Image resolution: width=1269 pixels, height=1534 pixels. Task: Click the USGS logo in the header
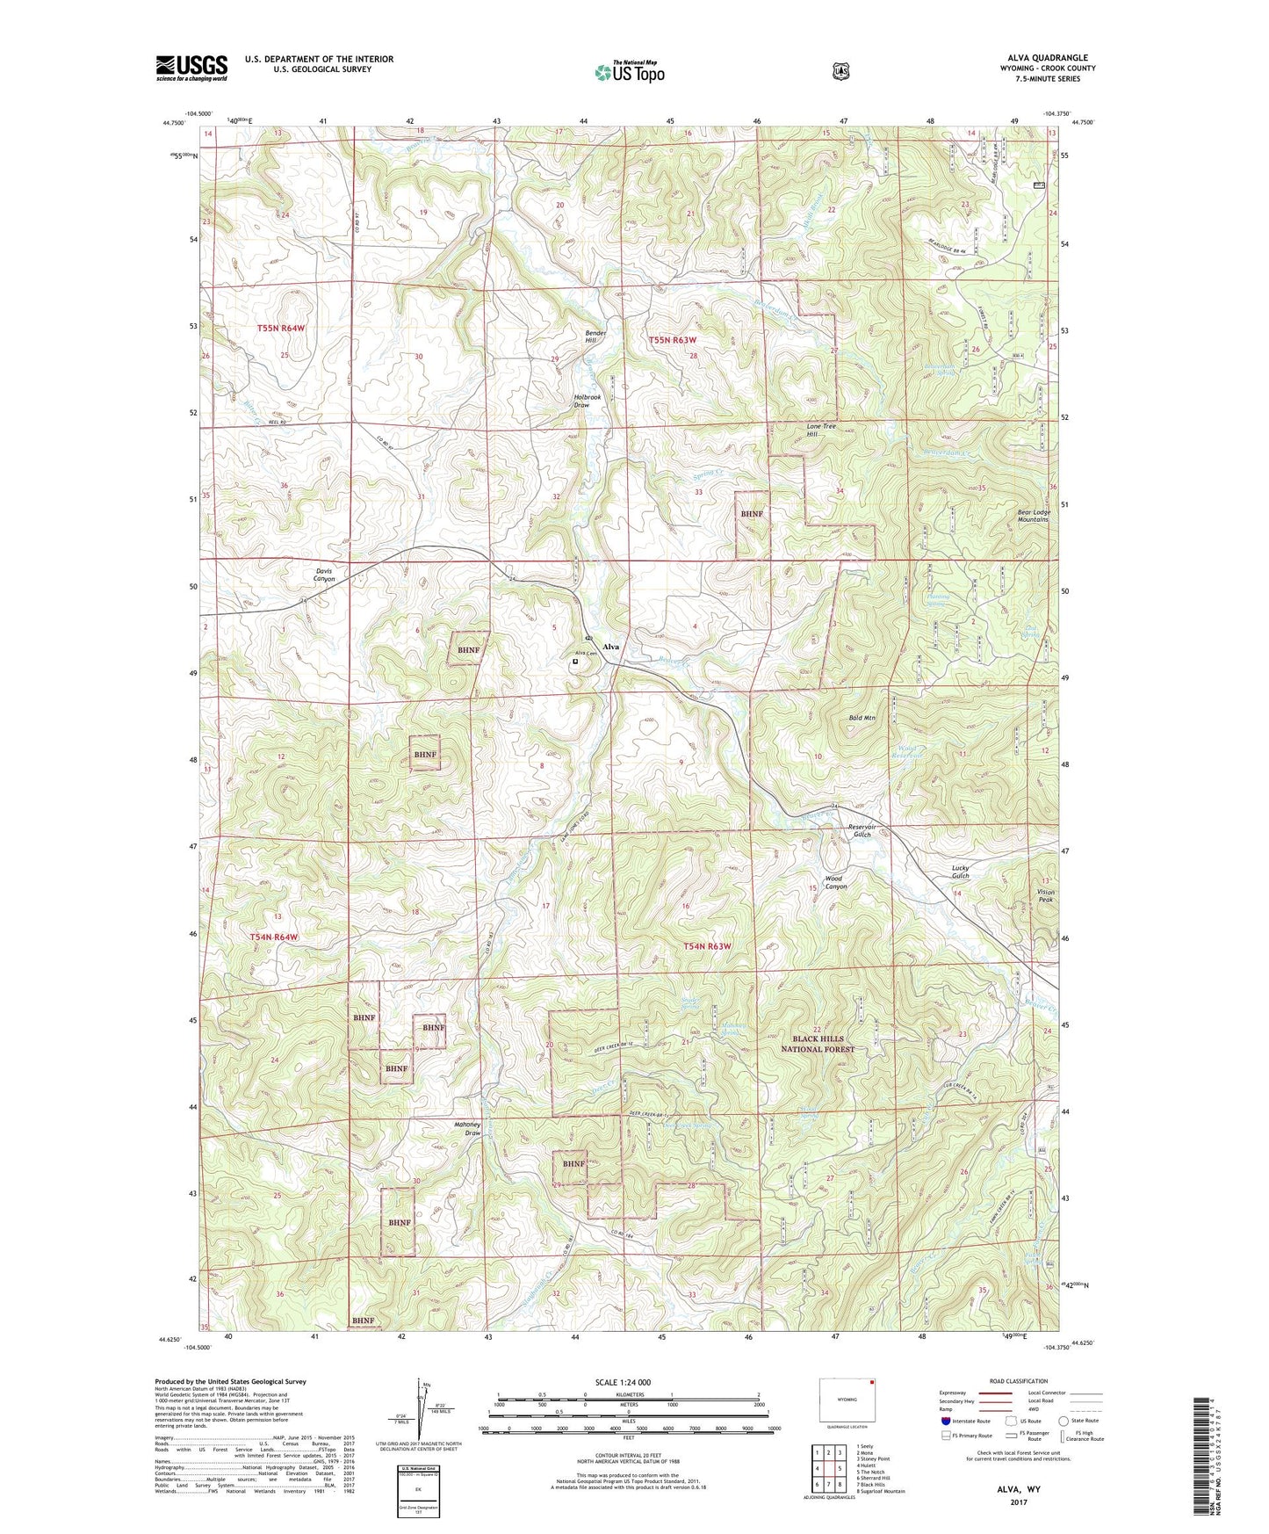[x=191, y=68]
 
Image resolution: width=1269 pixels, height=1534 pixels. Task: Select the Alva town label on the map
[x=610, y=647]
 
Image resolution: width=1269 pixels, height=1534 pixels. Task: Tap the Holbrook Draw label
[x=587, y=401]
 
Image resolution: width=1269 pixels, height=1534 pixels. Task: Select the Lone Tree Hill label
[x=822, y=430]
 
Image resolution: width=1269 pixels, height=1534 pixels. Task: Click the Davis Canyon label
[x=324, y=575]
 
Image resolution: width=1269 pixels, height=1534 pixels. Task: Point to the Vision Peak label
[x=1045, y=895]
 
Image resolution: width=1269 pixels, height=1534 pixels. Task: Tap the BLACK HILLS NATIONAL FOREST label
[x=818, y=1044]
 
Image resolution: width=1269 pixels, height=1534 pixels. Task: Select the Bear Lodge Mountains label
[x=1033, y=515]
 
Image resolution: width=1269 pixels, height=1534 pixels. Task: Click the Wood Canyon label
[x=835, y=882]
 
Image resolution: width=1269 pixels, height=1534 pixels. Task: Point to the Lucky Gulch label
[x=961, y=872]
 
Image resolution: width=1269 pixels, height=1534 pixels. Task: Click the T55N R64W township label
[x=281, y=328]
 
